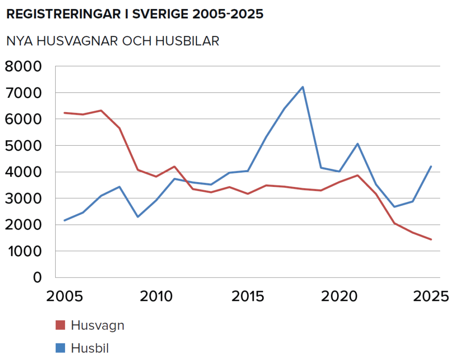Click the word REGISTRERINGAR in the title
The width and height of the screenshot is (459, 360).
[x=63, y=14]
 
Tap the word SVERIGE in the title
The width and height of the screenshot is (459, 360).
[x=160, y=14]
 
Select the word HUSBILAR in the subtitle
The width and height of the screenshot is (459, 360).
[x=187, y=41]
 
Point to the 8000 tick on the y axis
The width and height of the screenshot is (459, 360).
[x=23, y=66]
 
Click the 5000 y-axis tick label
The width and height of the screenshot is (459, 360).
[x=23, y=146]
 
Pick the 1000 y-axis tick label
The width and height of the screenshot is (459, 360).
[x=25, y=251]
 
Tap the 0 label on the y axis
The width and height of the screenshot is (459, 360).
[x=37, y=278]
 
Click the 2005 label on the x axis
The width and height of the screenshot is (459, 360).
[x=65, y=296]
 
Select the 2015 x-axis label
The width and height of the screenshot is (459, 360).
[x=247, y=296]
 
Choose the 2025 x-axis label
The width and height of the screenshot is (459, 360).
[x=431, y=296]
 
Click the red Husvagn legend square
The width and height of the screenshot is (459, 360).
[x=61, y=325]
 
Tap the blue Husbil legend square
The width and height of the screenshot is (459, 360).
[x=61, y=348]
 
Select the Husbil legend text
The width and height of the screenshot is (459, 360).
[x=90, y=348]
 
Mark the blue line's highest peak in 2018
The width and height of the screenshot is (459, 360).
[x=303, y=87]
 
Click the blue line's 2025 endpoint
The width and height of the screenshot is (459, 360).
[x=431, y=166]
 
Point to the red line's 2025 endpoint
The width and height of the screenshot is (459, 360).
[x=431, y=239]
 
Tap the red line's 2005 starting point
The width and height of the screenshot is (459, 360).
[x=65, y=113]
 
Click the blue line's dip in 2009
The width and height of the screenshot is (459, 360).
[x=138, y=217]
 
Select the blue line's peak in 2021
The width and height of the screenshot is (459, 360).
[x=358, y=144]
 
